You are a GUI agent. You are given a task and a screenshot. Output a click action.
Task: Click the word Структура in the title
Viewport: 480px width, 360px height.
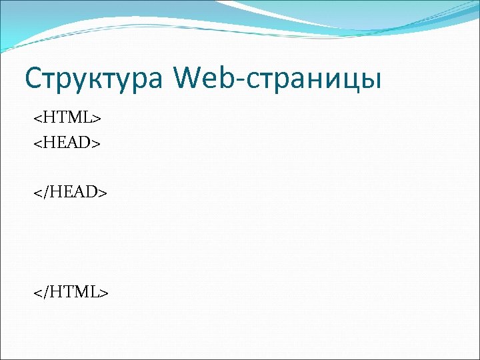(x=93, y=78)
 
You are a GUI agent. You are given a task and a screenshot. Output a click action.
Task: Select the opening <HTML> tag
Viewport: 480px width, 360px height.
(x=67, y=118)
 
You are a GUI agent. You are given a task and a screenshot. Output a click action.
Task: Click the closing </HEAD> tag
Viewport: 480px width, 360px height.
(x=71, y=193)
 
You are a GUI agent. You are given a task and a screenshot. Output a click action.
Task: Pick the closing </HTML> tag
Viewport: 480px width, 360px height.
(x=71, y=291)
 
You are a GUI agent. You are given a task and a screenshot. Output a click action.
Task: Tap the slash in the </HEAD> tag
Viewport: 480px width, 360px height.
(x=45, y=193)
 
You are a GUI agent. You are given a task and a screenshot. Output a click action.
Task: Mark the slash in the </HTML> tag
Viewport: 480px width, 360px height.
(x=45, y=291)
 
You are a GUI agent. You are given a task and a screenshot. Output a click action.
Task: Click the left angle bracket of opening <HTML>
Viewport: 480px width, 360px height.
(x=37, y=119)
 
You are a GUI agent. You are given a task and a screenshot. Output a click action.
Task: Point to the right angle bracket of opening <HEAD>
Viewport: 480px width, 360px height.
(x=97, y=142)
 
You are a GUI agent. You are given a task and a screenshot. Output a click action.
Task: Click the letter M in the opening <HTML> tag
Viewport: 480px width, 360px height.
(x=74, y=118)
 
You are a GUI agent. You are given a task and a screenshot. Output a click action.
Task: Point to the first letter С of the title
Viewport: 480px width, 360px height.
(x=33, y=78)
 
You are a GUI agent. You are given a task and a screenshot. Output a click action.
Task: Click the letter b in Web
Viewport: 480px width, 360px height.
(x=229, y=78)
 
